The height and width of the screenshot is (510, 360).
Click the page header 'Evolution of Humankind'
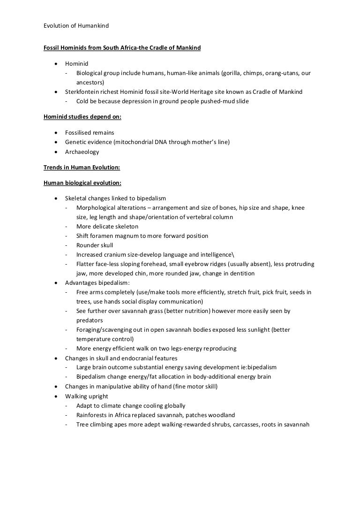coord(76,25)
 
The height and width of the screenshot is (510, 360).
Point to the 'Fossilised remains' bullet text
coord(90,133)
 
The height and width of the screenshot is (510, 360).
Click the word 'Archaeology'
coord(82,152)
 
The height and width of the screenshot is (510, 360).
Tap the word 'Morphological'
coord(96,207)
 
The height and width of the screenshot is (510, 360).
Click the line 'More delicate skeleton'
coord(107,226)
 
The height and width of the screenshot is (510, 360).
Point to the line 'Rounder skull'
coord(95,245)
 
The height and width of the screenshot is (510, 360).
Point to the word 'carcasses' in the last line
coord(240,424)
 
